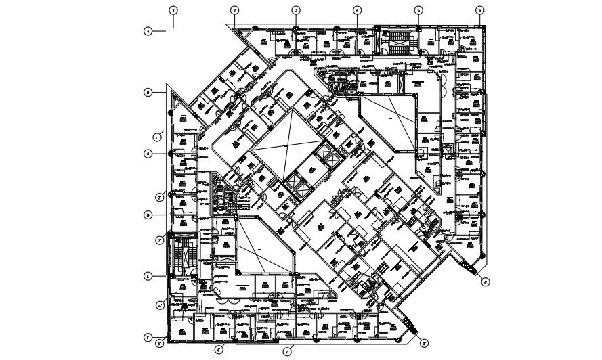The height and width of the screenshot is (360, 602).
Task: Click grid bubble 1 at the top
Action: pyautogui.click(x=173, y=11)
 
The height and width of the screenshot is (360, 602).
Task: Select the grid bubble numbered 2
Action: pyautogui.click(x=234, y=10)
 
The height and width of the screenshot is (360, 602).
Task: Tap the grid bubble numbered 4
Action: pyautogui.click(x=357, y=10)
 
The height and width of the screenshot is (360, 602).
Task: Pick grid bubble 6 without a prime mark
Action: pyautogui.click(x=479, y=10)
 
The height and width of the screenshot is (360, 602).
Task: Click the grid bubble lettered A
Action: pyautogui.click(x=147, y=30)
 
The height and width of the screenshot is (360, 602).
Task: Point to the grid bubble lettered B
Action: pyautogui.click(x=147, y=92)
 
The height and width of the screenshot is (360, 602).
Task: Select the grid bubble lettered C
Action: pyautogui.click(x=147, y=154)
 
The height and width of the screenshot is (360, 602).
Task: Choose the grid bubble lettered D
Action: pyautogui.click(x=147, y=215)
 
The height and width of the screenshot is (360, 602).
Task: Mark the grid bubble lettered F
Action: pyautogui.click(x=147, y=338)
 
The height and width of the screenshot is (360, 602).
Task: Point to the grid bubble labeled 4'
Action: pyautogui.click(x=160, y=305)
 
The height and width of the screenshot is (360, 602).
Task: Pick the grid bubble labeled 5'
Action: pyautogui.click(x=159, y=344)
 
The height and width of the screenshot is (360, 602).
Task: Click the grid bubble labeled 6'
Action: pyautogui.click(x=219, y=350)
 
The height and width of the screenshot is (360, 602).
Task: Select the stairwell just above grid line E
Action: pyautogui.click(x=181, y=256)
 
